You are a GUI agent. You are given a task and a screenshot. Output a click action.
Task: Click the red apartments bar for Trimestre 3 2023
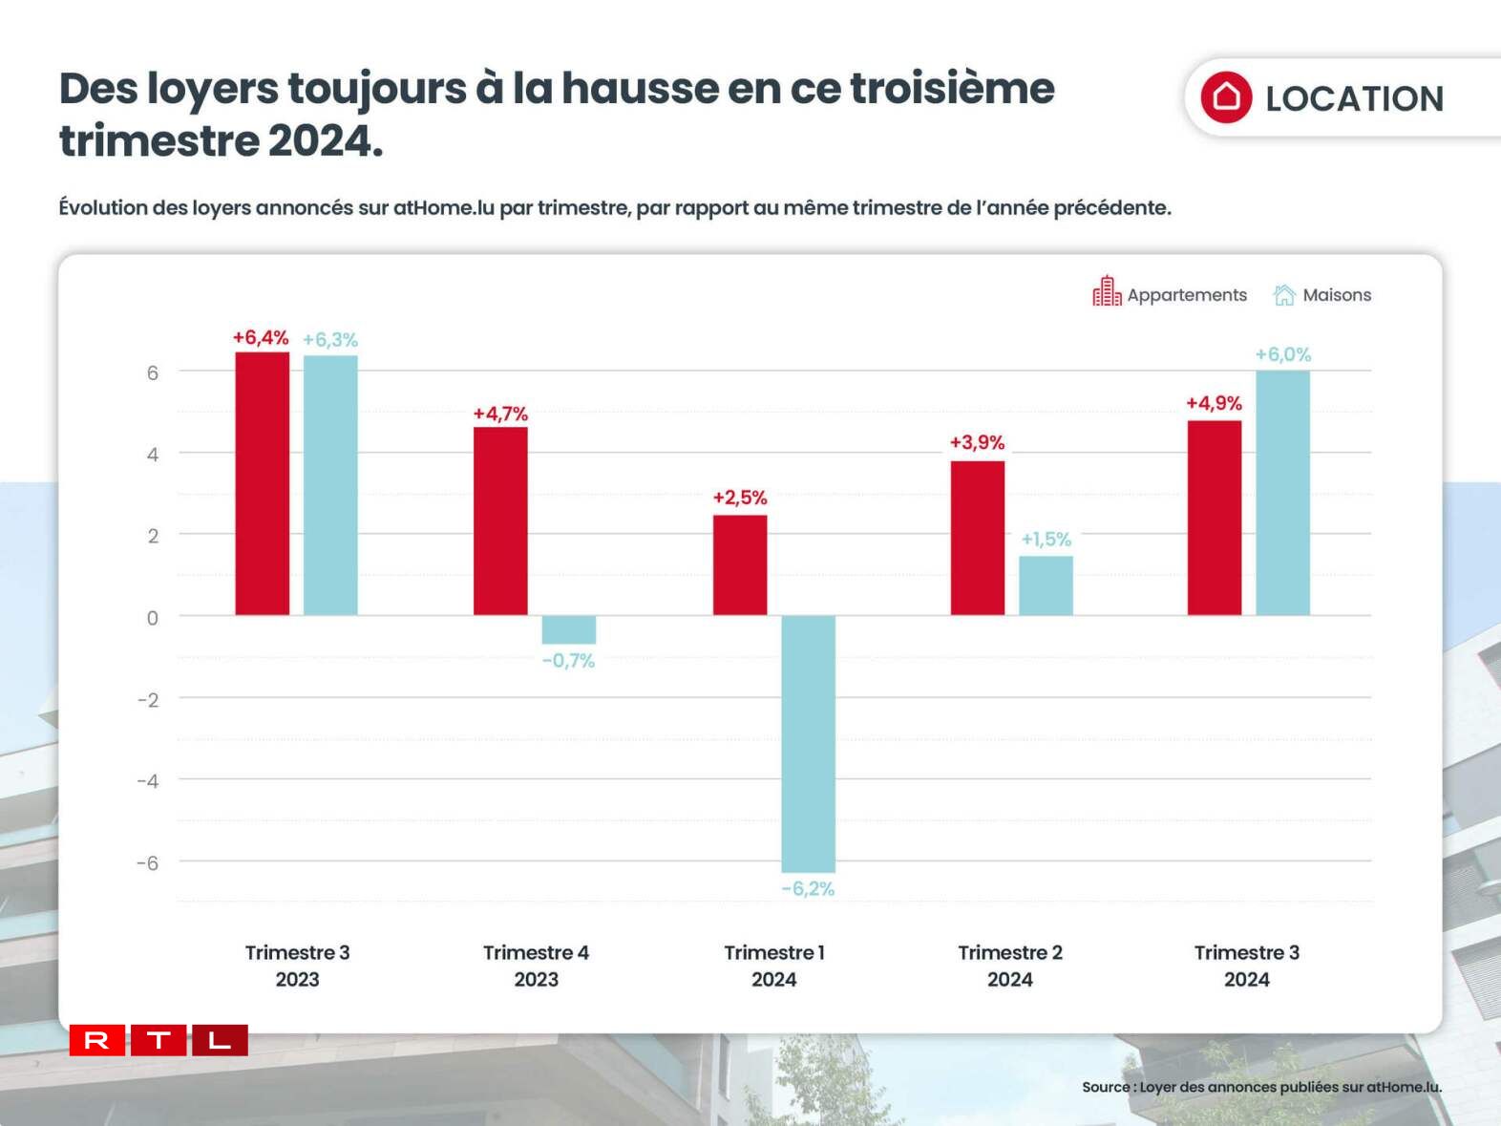262,483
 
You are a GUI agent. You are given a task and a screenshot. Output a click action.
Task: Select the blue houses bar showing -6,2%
808,743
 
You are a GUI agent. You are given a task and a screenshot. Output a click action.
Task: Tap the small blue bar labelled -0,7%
568,629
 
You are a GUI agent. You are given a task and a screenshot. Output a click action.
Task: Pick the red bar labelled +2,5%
739,564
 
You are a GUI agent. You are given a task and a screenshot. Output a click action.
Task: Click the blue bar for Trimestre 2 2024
1046,585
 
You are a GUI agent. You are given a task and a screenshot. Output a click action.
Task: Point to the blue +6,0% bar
1282,493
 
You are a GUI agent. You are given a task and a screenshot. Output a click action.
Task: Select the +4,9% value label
1214,403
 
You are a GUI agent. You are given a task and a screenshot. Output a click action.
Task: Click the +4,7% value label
500,414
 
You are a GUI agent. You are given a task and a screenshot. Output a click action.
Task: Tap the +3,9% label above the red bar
977,442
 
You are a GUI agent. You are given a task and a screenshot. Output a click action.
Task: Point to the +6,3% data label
330,340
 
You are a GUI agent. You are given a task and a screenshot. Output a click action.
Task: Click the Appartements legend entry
1171,294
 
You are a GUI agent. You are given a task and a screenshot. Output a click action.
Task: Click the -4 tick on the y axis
148,781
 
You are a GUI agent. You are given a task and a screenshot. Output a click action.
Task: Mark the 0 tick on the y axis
152,618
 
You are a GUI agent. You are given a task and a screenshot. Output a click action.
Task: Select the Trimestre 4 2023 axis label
536,966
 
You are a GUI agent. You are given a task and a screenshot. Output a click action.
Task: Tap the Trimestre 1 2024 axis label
773,966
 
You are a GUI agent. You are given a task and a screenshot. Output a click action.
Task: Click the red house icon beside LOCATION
1226,97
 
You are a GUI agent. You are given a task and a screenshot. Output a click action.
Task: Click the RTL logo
159,1040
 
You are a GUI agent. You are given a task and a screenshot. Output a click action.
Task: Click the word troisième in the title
952,88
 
